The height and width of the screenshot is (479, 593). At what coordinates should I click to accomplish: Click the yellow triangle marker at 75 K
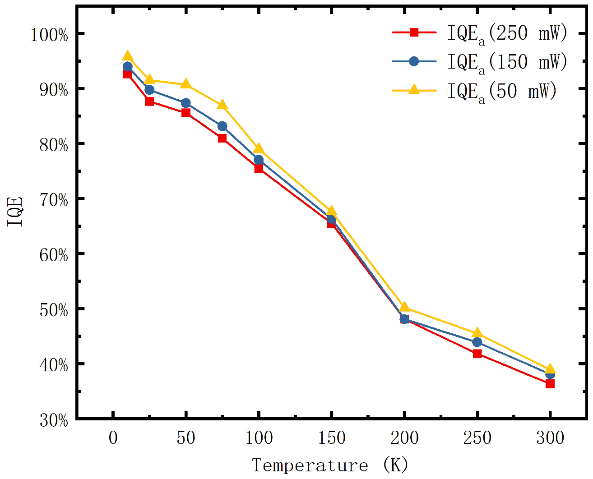pyautogui.click(x=222, y=106)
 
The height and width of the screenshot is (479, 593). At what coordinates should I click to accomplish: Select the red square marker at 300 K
pyautogui.click(x=550, y=384)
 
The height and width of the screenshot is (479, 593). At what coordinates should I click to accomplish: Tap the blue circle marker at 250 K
pyautogui.click(x=477, y=342)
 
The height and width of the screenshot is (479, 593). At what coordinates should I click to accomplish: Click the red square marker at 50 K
pyautogui.click(x=185, y=113)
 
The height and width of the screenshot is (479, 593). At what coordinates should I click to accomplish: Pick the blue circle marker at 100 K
pyautogui.click(x=259, y=160)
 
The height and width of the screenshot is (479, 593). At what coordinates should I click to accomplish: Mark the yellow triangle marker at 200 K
pyautogui.click(x=404, y=308)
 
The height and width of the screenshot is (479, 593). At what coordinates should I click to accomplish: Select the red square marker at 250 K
pyautogui.click(x=477, y=354)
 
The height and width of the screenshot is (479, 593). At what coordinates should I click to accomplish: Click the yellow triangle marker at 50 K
pyautogui.click(x=185, y=85)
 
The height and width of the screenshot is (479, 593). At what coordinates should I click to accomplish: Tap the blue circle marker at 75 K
pyautogui.click(x=222, y=126)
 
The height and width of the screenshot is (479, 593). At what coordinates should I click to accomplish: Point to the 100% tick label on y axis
pyautogui.click(x=49, y=35)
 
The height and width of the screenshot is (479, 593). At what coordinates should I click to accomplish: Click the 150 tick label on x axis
pyautogui.click(x=332, y=438)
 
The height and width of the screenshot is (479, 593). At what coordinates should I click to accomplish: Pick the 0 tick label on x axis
pyautogui.click(x=113, y=438)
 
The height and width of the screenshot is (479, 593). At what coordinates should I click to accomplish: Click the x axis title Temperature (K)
pyautogui.click(x=330, y=465)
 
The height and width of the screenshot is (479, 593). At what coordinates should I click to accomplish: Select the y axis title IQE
pyautogui.click(x=15, y=212)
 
